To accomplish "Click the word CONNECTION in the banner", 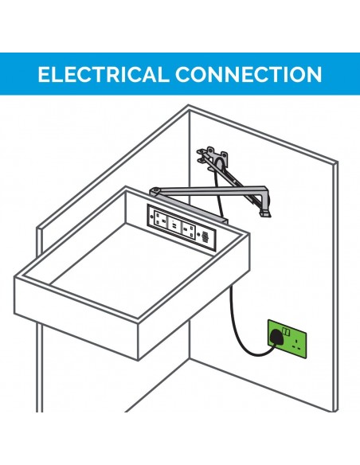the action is [248, 74].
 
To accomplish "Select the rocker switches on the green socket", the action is [286, 331].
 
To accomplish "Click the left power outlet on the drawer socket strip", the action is [161, 219].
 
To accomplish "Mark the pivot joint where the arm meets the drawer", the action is [155, 190].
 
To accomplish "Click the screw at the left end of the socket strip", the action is [152, 217].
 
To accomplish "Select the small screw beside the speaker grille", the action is [198, 234].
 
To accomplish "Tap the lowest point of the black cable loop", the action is [256, 355].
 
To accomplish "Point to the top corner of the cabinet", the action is [189, 105].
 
